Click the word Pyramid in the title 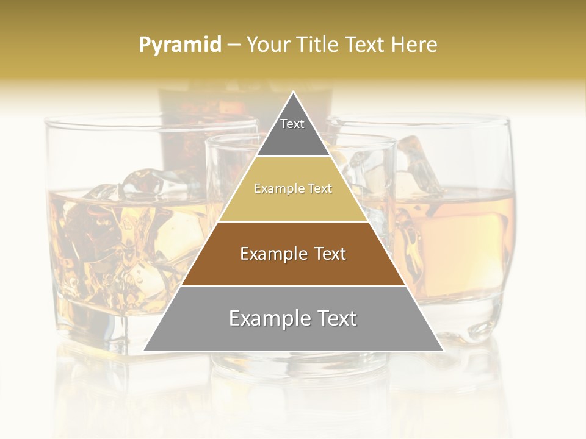coord(179,45)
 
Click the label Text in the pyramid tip coord(292,124)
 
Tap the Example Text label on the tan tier coord(293,188)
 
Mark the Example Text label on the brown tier coord(293,254)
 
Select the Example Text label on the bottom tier coord(293,318)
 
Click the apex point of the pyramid coord(294,93)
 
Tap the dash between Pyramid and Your coord(234,45)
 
